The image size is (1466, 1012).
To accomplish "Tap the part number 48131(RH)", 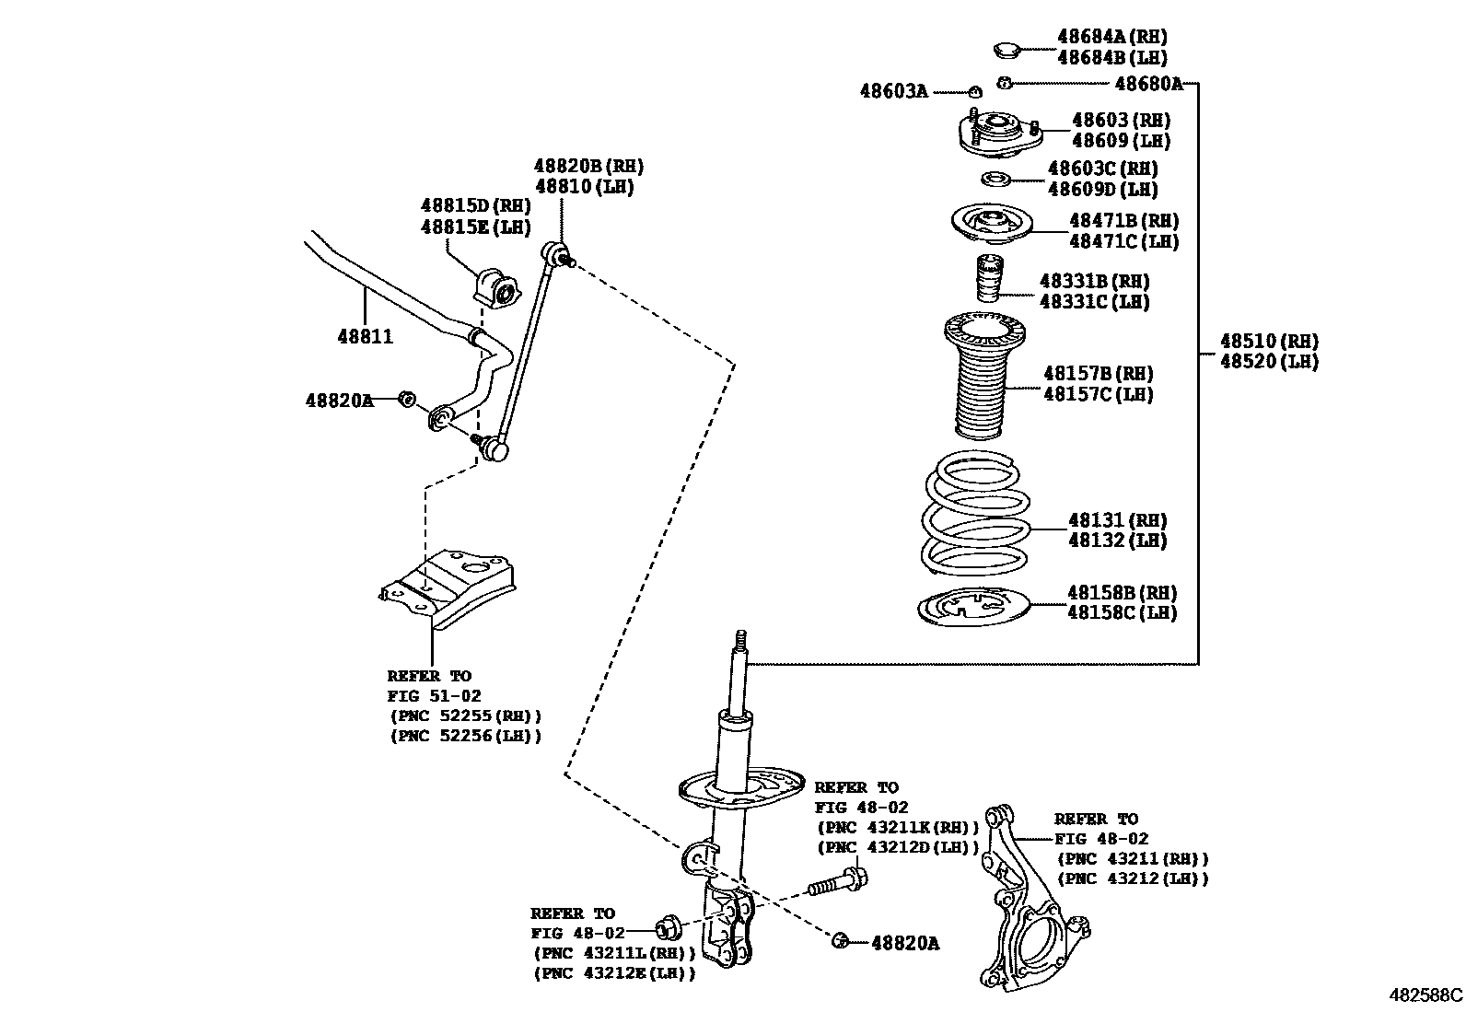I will (1117, 520).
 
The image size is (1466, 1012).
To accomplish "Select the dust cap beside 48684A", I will (1010, 47).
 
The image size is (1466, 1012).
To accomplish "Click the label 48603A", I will (893, 91).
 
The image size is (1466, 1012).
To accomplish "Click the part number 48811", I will (365, 337).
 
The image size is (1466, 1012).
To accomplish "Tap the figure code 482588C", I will (1425, 995).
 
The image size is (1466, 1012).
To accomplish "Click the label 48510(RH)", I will (1269, 342).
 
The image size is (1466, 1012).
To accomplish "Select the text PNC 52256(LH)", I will (464, 736).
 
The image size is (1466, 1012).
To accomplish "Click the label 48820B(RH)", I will (588, 167).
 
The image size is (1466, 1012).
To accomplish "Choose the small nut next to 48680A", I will (1006, 83).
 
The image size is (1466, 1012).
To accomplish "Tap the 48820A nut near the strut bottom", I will (839, 941).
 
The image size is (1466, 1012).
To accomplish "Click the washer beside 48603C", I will (995, 178).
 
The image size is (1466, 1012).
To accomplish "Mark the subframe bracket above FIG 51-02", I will (449, 587).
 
